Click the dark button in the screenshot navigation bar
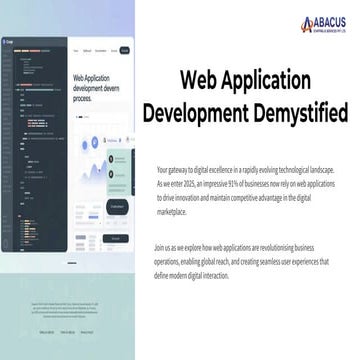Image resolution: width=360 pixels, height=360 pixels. pos(125,49)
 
